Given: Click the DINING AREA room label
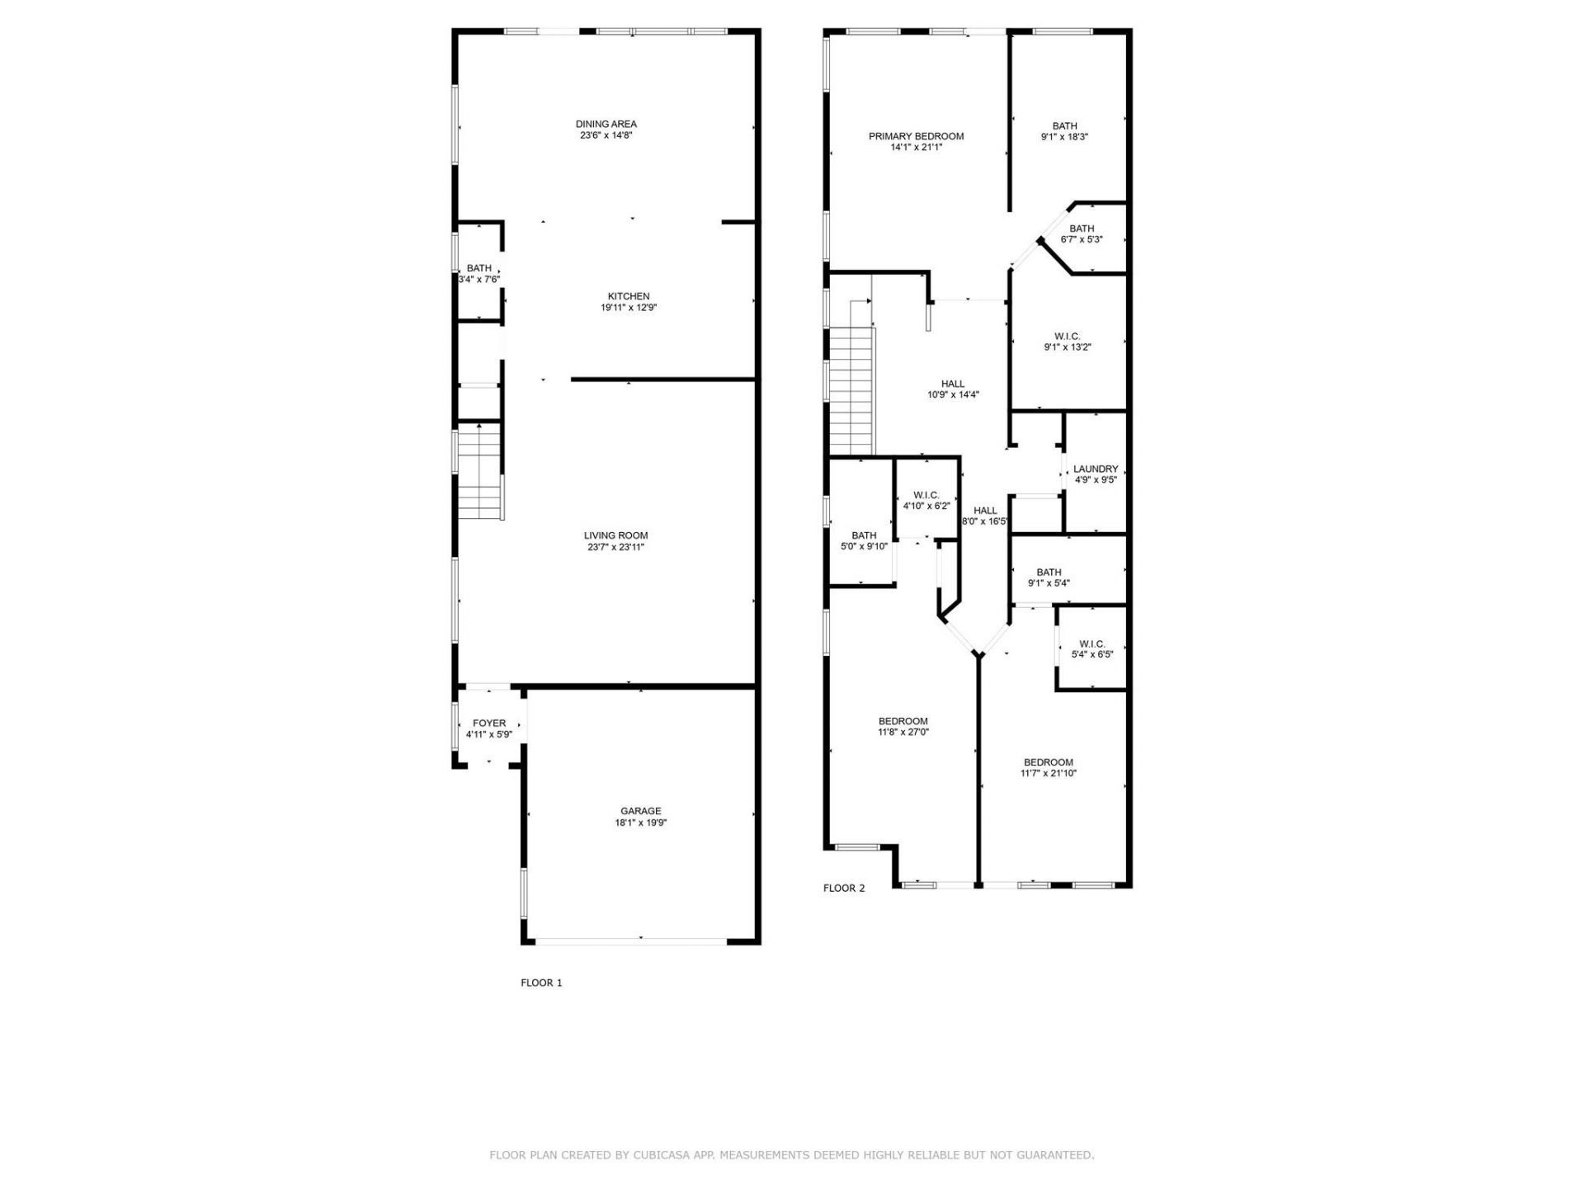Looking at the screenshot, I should [x=606, y=125].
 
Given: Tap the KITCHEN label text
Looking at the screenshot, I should [x=629, y=296].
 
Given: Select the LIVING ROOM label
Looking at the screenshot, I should [x=615, y=535].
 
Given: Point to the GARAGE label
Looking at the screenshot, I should [x=640, y=811].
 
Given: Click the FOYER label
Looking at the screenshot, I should [x=489, y=724].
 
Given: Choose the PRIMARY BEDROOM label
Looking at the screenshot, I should [x=916, y=136].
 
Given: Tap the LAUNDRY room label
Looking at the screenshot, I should [x=1096, y=469].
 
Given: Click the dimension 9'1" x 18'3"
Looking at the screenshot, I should [x=1064, y=138].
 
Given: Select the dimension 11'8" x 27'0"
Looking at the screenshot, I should [x=903, y=733].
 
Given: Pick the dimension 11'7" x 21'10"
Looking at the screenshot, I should [x=1049, y=774].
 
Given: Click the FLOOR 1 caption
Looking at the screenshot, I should [x=541, y=983].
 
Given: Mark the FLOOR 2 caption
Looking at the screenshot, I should [x=844, y=889].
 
